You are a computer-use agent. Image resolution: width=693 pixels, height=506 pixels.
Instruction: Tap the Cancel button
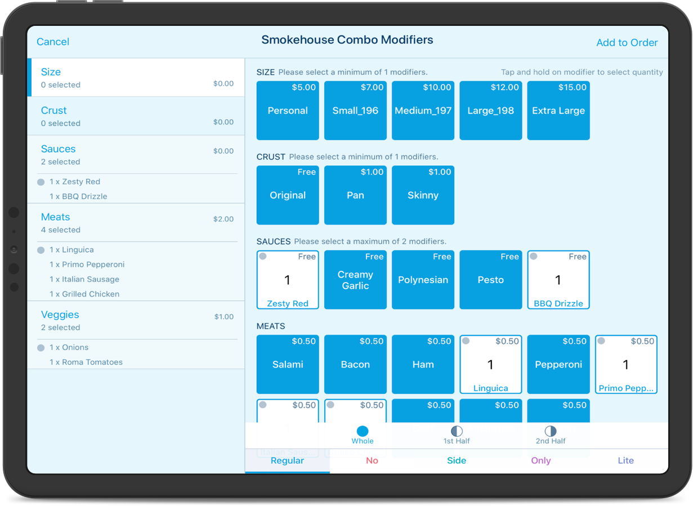[53, 42]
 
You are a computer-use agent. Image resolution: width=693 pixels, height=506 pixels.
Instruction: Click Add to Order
[627, 43]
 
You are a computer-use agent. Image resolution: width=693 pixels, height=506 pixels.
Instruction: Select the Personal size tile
[288, 111]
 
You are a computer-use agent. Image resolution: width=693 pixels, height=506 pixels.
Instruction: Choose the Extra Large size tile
[558, 111]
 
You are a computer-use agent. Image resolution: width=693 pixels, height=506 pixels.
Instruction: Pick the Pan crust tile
[355, 195]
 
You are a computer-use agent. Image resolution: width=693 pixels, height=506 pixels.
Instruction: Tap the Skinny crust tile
[423, 195]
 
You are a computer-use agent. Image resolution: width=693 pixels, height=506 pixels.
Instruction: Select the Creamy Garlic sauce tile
[355, 280]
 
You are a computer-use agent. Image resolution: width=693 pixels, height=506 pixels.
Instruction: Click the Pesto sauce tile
[490, 280]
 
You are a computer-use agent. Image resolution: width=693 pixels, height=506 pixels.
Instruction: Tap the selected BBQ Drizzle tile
[558, 280]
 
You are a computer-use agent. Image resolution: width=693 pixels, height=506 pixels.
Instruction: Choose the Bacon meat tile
[355, 365]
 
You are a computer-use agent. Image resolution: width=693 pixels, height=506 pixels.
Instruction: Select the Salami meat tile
[288, 365]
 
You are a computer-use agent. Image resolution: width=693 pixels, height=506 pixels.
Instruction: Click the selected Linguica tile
[490, 365]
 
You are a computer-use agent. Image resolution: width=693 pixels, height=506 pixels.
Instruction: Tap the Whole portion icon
[363, 431]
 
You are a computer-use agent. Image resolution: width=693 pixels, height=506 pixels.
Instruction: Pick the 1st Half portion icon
[457, 431]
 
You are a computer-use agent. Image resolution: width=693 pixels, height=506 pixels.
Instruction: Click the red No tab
[372, 460]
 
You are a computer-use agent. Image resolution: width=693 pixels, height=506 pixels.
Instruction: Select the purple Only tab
[540, 460]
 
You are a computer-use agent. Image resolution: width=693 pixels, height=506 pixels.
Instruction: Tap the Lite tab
[625, 460]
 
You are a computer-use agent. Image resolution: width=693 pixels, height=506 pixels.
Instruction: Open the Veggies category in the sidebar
[60, 315]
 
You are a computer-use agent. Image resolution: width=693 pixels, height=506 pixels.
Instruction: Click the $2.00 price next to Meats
[223, 219]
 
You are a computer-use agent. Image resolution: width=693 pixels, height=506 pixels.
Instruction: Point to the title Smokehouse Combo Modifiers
[347, 40]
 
